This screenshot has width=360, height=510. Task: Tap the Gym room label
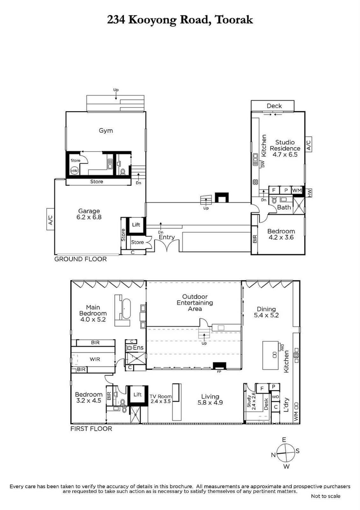106,131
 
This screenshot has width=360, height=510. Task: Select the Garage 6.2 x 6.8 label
89,214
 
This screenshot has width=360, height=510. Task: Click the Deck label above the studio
274,106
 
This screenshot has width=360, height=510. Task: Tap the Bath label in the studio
284,208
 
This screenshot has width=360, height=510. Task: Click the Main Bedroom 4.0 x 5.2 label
93,313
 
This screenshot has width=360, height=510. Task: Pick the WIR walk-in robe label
94,359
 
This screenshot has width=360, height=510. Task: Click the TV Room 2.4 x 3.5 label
161,399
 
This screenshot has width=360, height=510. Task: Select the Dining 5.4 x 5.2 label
266,312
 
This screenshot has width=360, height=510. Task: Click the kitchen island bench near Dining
272,353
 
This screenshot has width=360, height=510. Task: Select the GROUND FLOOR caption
81,259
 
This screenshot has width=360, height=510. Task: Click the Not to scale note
325,496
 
